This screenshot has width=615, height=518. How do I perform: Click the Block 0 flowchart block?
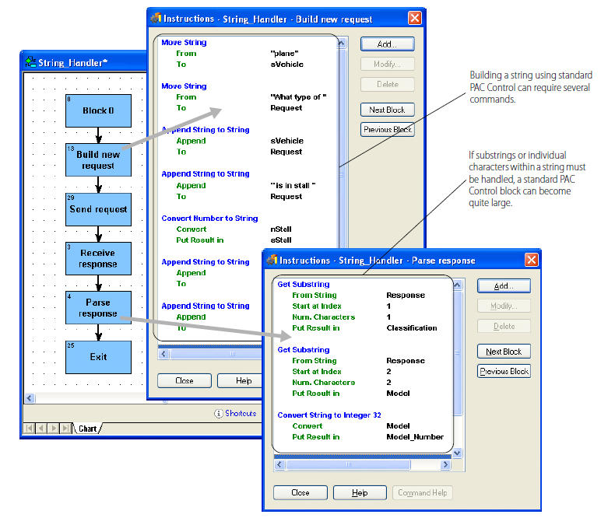[x=98, y=110]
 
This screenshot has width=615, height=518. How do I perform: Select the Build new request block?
[x=98, y=160]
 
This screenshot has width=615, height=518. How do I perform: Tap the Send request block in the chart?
[x=98, y=209]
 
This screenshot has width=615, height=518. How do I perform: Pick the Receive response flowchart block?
[x=98, y=258]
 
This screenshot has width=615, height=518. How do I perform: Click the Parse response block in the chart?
[x=98, y=308]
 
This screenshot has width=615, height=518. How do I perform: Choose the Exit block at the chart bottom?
[x=98, y=357]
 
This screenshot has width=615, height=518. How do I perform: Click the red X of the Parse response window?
[x=531, y=260]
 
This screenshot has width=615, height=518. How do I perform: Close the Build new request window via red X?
[x=415, y=18]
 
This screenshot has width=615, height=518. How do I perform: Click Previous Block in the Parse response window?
[x=504, y=372]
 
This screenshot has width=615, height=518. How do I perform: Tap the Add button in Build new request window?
[x=387, y=44]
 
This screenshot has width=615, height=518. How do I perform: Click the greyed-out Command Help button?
[x=422, y=492]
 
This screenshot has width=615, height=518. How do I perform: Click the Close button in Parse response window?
[x=300, y=492]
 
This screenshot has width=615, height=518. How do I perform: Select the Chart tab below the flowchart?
[x=87, y=429]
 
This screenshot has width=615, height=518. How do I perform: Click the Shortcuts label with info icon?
[x=235, y=413]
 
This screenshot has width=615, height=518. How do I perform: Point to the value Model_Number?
[x=415, y=437]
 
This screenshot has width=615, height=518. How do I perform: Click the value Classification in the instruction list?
[x=412, y=328]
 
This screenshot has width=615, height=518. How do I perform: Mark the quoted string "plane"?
[x=284, y=54]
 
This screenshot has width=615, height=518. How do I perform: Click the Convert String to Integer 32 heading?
[x=329, y=415]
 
